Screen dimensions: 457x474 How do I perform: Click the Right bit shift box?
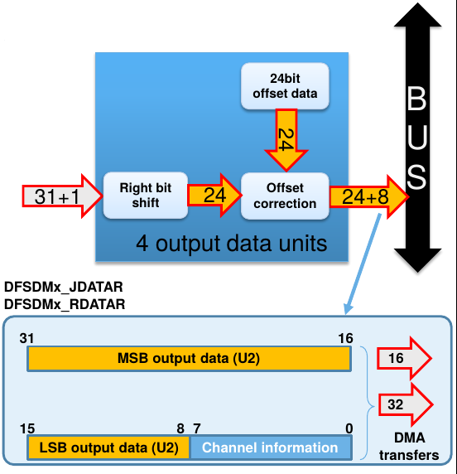(145, 196)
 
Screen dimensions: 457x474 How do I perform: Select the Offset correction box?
(285, 196)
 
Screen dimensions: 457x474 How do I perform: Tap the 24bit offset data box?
(285, 86)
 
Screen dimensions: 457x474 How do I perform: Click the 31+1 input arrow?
(63, 196)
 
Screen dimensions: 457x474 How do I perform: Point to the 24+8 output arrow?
(369, 196)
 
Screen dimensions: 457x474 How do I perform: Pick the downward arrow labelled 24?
(286, 140)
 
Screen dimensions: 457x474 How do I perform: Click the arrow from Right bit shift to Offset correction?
(214, 195)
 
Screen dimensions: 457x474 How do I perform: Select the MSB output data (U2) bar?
(189, 359)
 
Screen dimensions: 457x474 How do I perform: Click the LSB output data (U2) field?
(108, 447)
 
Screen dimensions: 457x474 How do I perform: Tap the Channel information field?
(271, 447)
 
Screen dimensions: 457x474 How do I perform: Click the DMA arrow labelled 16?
(405, 358)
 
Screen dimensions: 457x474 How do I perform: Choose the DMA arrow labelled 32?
(406, 404)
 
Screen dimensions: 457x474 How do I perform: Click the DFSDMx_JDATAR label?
(64, 287)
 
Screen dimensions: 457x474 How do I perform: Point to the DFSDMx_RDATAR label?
(65, 304)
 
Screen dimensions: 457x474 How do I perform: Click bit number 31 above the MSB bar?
(26, 338)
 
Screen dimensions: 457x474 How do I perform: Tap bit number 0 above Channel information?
(349, 428)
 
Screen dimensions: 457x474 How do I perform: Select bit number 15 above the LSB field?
(27, 428)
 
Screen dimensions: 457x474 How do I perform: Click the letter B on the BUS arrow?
(416, 99)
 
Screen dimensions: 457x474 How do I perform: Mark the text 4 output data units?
(232, 244)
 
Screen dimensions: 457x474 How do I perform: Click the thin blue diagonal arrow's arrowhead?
(348, 310)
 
